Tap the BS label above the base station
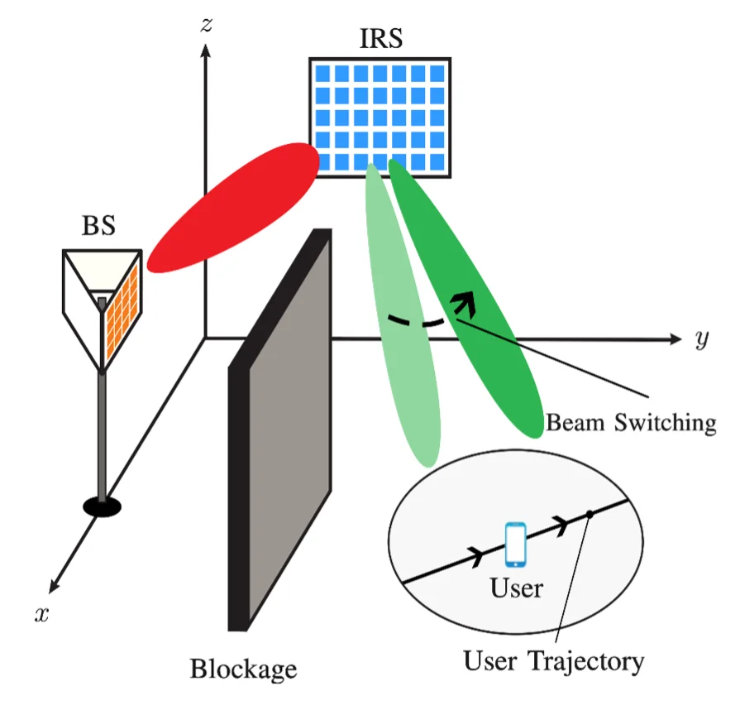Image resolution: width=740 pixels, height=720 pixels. [98, 225]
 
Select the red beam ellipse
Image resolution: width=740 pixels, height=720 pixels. [233, 206]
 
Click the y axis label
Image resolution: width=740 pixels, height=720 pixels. [701, 338]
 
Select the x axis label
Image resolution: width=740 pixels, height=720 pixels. [40, 613]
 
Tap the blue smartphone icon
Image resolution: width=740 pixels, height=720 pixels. [516, 544]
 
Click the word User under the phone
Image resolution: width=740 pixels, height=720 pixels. [516, 588]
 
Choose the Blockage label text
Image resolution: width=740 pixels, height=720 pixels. [243, 668]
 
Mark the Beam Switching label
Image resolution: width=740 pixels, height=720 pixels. [630, 423]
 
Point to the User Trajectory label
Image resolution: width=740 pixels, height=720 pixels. [553, 661]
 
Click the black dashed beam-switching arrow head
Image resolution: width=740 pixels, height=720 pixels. [466, 305]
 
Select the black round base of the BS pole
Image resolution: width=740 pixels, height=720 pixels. [102, 504]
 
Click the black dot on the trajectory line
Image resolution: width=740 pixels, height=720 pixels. [590, 515]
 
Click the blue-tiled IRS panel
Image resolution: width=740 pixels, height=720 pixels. [380, 117]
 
